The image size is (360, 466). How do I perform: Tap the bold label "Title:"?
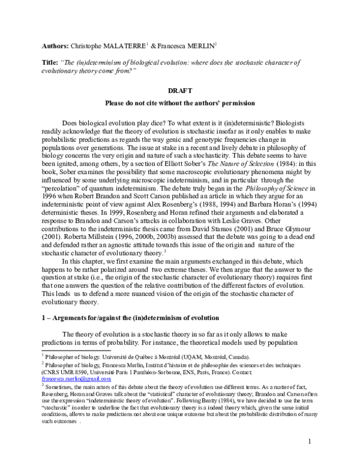point(52,62)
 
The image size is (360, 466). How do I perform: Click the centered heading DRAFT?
point(180,91)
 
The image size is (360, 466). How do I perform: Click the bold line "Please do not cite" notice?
point(180,103)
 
